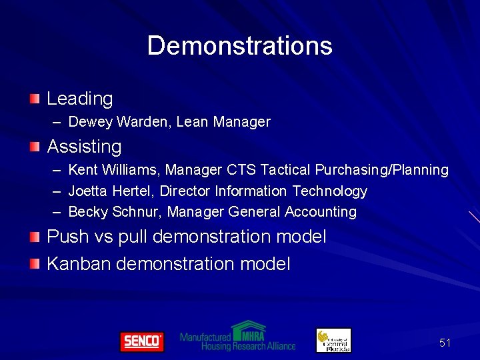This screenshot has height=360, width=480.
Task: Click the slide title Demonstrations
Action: tap(239, 46)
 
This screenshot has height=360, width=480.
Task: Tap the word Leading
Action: tap(80, 99)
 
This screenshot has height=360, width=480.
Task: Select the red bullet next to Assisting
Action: tap(34, 146)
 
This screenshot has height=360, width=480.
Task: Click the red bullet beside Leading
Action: tap(34, 99)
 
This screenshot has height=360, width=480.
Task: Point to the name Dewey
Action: tap(91, 122)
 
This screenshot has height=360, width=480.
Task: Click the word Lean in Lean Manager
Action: tap(191, 122)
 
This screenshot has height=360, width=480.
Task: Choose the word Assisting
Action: tap(84, 147)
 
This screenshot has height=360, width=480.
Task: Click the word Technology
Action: tap(330, 191)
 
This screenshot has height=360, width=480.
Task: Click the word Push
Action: tap(67, 237)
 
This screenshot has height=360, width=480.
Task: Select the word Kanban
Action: tap(79, 264)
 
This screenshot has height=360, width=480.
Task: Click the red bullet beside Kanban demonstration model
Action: tap(34, 263)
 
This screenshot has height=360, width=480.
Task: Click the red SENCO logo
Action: tap(141, 341)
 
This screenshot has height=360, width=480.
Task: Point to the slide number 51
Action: tap(445, 343)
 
